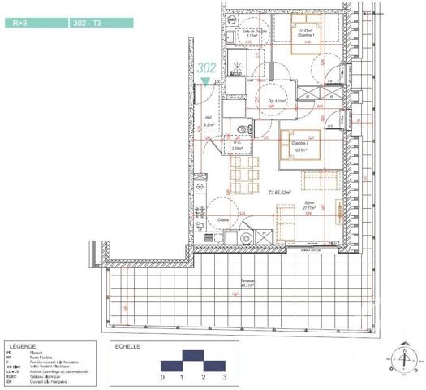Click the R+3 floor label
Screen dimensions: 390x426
coord(19,24)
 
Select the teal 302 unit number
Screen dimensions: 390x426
coord(206,69)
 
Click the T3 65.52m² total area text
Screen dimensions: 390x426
coord(281,193)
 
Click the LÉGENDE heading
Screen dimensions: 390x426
coord(20,345)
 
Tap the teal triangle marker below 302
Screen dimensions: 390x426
coord(205,80)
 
